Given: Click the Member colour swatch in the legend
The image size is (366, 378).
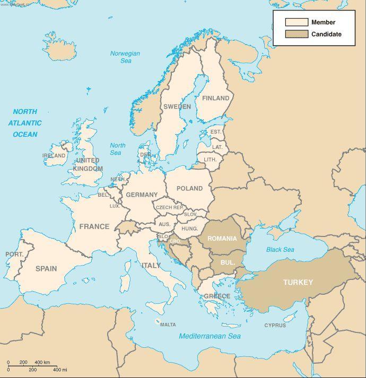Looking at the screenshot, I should [x=297, y=22].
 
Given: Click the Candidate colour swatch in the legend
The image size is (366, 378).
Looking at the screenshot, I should [x=297, y=34].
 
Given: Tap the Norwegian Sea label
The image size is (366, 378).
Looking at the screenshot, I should [x=125, y=57].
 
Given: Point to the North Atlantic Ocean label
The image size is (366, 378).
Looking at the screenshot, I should [x=25, y=123].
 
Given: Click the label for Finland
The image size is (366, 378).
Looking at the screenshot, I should [x=215, y=98].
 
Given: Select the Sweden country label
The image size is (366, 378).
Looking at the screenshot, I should [x=177, y=107].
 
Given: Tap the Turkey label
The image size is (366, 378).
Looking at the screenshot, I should [x=298, y=282].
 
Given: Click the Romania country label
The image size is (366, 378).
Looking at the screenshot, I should [x=222, y=239].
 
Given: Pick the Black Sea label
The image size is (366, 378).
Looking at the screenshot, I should [x=280, y=250].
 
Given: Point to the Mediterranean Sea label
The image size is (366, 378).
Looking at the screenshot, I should [x=210, y=336].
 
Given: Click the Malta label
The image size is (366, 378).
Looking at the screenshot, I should [x=168, y=324].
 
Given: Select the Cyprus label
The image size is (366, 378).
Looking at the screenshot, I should [x=275, y=326].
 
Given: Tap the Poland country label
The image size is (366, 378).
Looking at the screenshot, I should [x=189, y=188].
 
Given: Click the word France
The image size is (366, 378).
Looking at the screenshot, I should [x=94, y=226].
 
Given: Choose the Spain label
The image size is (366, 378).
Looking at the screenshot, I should [x=46, y=268].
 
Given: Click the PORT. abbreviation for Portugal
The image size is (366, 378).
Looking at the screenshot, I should [x=14, y=254].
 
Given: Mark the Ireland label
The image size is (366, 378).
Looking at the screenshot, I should [x=54, y=156].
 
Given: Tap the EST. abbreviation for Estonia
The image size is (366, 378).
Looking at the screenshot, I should [x=216, y=131].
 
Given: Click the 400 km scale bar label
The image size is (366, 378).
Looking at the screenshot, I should [x=42, y=362].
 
